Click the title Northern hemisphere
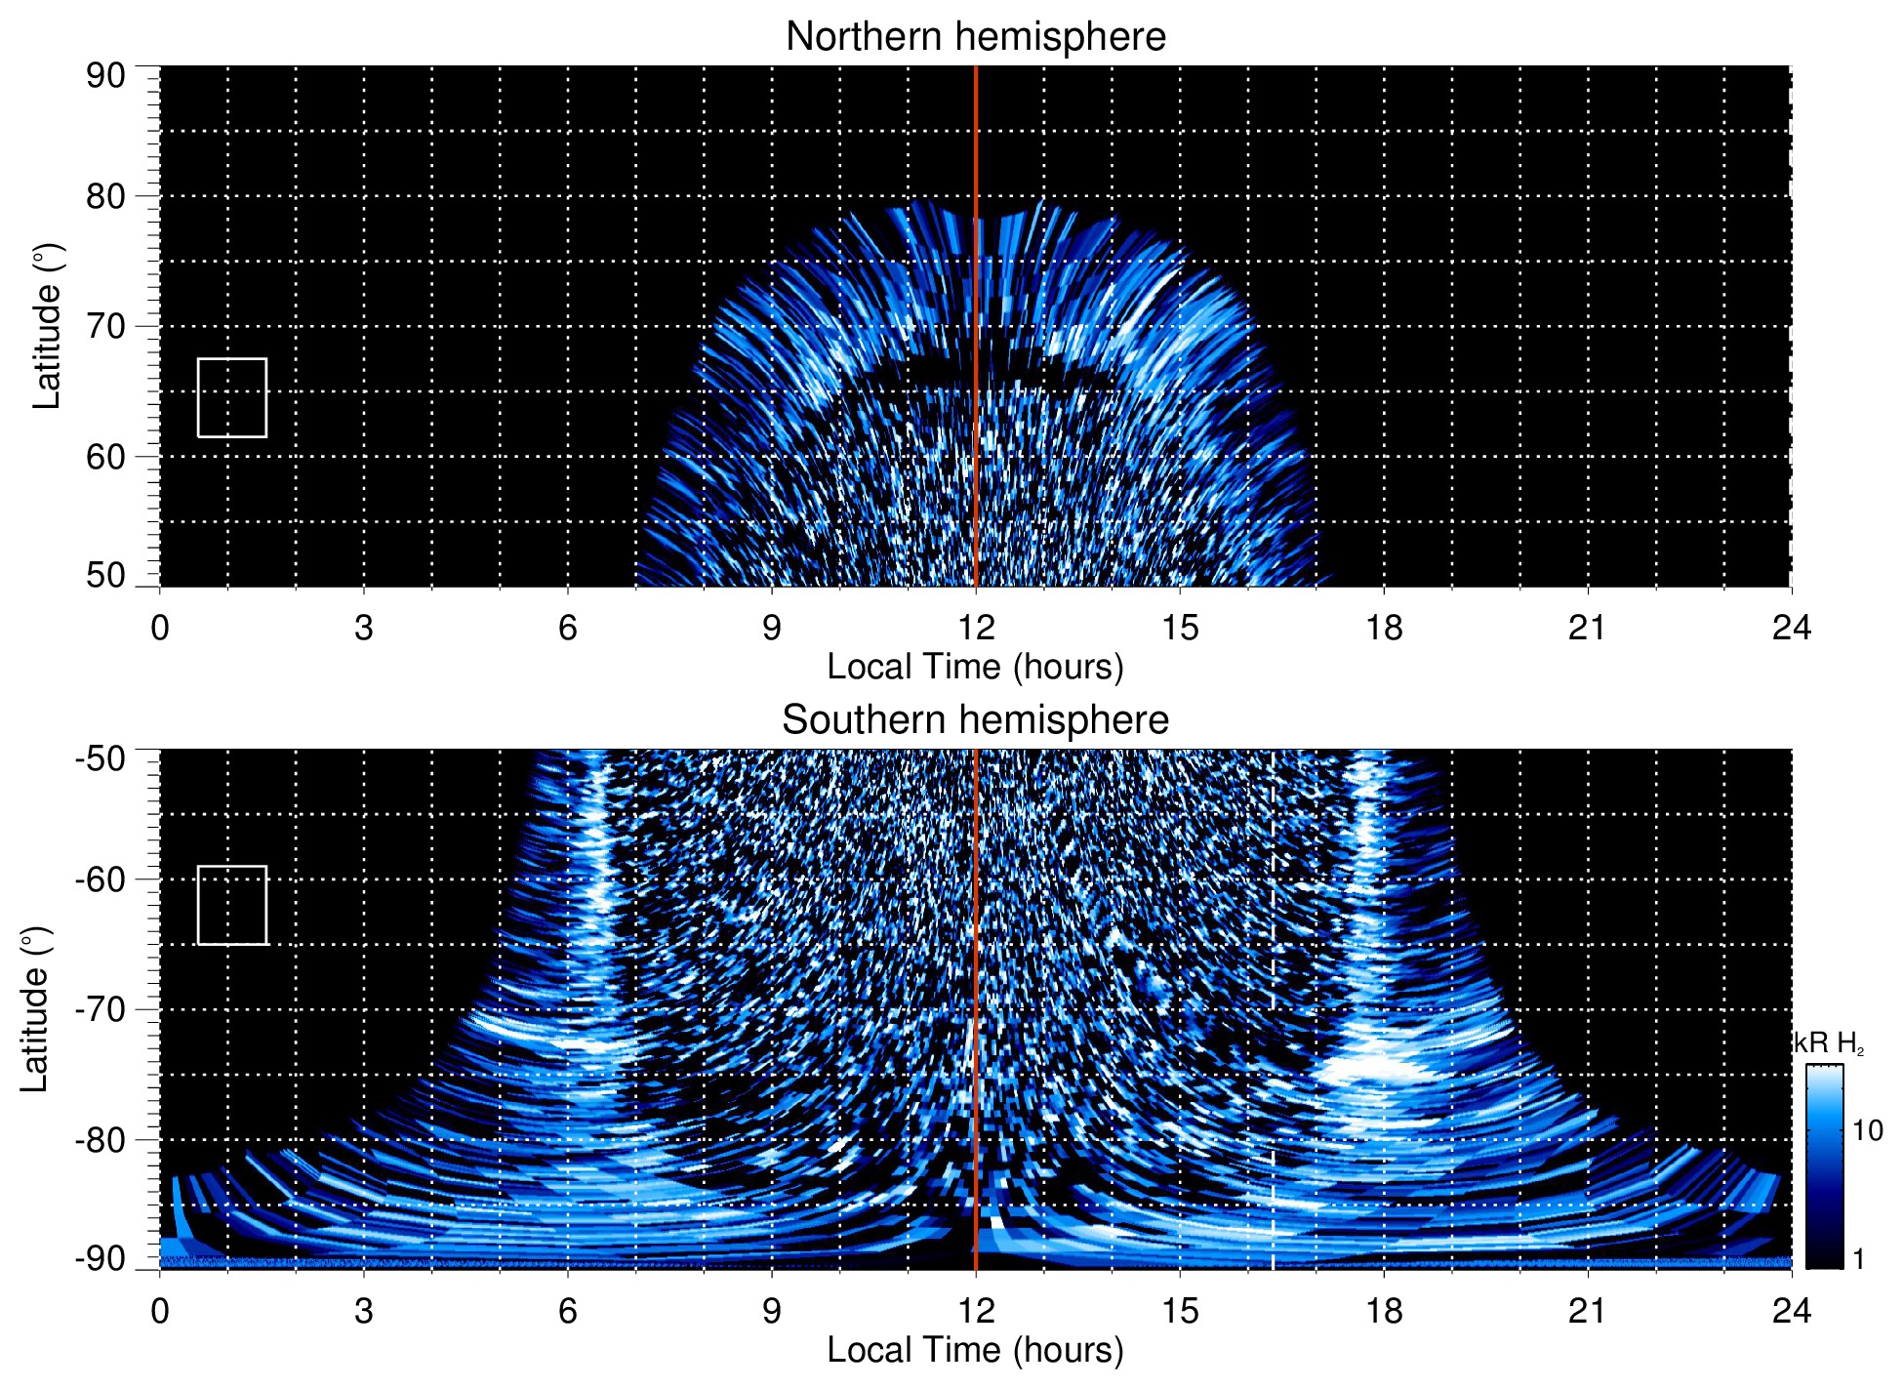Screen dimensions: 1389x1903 pos(975,37)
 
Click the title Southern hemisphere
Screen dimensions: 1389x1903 pos(975,720)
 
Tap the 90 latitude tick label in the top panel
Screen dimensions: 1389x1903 pos(105,76)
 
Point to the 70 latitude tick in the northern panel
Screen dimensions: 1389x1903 pos(105,326)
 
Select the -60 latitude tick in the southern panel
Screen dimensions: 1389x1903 pos(101,878)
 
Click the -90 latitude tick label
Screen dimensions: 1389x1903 pos(101,1258)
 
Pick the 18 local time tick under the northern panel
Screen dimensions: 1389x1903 pos(1384,628)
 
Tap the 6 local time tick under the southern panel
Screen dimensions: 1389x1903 pos(568,1311)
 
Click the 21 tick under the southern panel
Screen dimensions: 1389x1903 pos(1588,1311)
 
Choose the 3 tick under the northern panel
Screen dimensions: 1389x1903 pos(364,628)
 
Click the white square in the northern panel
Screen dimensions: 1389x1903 pos(232,397)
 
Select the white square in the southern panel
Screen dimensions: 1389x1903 pos(232,905)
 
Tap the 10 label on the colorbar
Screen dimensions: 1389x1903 pos(1867,1131)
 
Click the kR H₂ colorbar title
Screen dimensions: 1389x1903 pos(1830,1043)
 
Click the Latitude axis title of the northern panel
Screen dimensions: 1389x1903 pos(47,326)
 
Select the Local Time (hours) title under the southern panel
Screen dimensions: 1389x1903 pos(975,1350)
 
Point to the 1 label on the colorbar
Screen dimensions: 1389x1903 pos(1858,1259)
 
